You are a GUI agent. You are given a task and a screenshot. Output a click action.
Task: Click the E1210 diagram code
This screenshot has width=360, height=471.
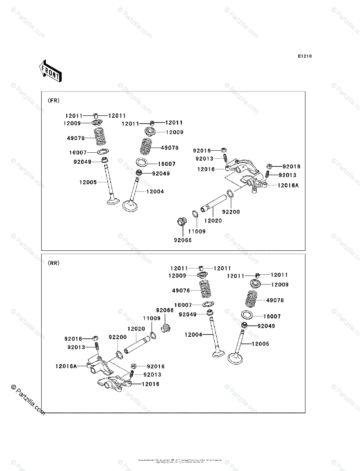(304, 57)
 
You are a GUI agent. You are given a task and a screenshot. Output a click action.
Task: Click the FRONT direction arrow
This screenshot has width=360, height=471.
(49, 71)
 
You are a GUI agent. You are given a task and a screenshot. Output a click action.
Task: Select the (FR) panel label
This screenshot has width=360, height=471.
(54, 100)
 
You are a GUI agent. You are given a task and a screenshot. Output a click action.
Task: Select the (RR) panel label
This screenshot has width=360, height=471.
(54, 263)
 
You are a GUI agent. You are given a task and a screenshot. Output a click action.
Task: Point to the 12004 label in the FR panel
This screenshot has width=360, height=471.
(155, 192)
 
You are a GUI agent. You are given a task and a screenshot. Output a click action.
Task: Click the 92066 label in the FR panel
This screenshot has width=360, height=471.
(183, 240)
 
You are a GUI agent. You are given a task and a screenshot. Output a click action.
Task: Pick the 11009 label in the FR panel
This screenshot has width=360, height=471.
(197, 231)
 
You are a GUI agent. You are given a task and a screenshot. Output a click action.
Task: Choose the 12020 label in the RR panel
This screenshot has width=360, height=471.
(136, 329)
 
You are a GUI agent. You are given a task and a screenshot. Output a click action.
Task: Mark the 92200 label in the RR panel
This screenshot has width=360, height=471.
(118, 337)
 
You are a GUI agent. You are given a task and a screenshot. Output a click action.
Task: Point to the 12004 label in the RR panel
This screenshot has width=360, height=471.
(194, 335)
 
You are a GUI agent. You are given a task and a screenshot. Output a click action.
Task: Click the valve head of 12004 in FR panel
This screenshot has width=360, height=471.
(131, 205)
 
